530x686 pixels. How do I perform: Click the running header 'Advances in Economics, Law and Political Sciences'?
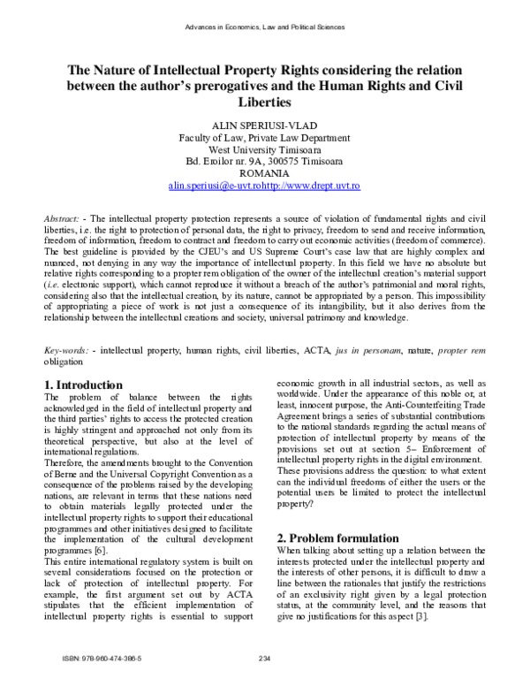[x=264, y=27]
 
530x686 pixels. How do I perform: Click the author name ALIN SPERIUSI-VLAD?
[x=265, y=126]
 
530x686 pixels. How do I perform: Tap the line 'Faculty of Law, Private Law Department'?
[x=265, y=138]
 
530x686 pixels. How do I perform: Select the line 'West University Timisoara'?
[x=265, y=150]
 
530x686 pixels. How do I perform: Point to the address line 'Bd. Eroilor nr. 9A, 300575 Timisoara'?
[x=265, y=163]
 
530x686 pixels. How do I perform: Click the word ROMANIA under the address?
[x=265, y=175]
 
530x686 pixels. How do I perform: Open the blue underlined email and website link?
[x=265, y=187]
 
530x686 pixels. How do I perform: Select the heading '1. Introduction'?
[x=83, y=385]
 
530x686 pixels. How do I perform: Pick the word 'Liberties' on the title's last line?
[x=265, y=103]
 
